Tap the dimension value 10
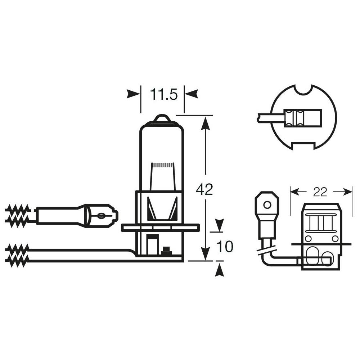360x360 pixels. point(225,247)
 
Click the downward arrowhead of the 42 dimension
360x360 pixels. point(205,254)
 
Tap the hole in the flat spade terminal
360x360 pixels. point(267,205)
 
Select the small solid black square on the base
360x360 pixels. point(166,249)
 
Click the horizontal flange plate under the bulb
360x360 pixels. point(160,228)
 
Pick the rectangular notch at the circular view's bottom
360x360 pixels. point(303,146)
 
